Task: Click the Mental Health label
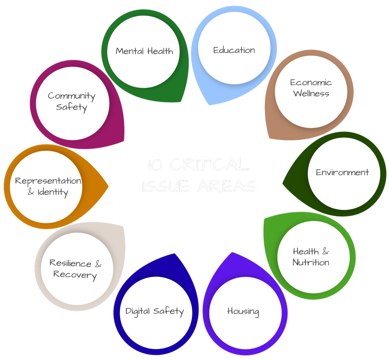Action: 144,51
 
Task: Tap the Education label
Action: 234,50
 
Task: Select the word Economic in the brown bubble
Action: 311,82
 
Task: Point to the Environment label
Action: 342,172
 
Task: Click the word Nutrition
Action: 311,262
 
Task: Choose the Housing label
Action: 243,311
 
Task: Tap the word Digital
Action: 138,311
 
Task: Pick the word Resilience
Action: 70,263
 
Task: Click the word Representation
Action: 48,181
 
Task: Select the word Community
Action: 71,96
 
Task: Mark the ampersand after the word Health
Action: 325,251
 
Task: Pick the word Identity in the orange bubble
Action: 53,192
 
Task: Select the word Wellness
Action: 311,93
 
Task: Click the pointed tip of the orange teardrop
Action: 108,186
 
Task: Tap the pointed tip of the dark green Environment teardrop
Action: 283,183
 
